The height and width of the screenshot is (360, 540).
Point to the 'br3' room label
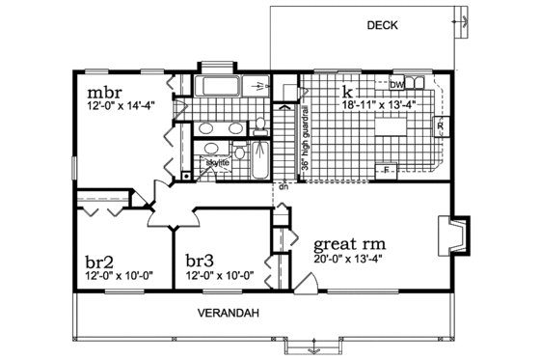tap(200, 261)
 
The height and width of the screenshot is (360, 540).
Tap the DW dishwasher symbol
tap(396, 85)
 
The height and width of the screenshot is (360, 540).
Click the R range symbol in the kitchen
tap(440, 125)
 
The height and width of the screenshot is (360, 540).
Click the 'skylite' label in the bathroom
tap(217, 163)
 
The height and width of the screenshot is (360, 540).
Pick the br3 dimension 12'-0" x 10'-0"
tap(219, 274)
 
